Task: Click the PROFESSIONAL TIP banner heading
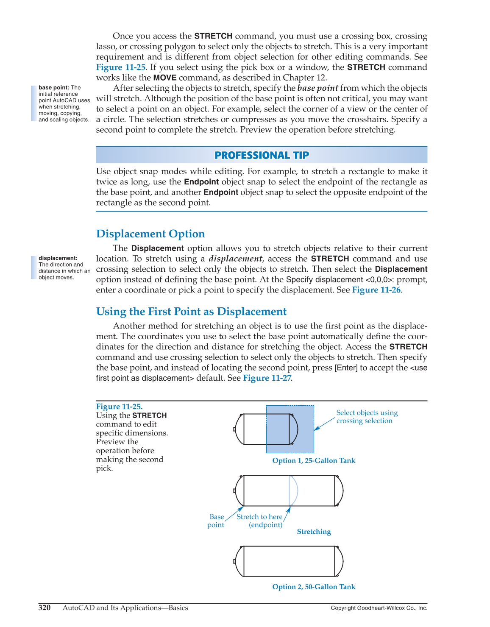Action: pos(262,155)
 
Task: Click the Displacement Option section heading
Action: pos(150,234)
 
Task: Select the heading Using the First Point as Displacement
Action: pos(191,312)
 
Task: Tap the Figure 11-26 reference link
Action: pos(376,290)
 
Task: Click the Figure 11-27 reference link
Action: pos(267,378)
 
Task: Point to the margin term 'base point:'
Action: pos(54,88)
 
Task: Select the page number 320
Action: pos(45,608)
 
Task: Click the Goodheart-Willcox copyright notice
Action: pos(379,608)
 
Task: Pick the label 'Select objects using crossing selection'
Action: pos(367,417)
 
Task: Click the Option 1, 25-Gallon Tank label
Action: pos(314,461)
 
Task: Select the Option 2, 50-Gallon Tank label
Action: pos(314,587)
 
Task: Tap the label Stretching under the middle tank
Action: pos(314,532)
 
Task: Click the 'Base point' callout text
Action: pos(216,521)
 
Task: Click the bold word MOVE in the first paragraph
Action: pos(165,78)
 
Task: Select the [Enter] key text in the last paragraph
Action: pos(346,368)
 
